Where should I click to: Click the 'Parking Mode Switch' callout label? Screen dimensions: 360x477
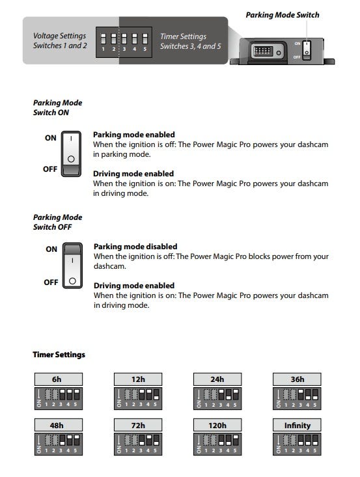[283, 15]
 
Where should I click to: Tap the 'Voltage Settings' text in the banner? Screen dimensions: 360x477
[60, 36]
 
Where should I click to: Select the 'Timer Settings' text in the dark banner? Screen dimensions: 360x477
[183, 36]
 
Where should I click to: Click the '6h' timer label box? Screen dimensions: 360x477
[59, 379]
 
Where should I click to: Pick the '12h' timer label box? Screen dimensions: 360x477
[138, 379]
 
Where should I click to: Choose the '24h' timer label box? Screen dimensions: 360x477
[217, 379]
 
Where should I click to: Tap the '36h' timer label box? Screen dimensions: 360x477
[297, 379]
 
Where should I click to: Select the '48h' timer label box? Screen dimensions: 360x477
[59, 426]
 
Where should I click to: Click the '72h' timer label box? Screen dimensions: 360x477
[138, 426]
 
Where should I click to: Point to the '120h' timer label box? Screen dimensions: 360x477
[217, 426]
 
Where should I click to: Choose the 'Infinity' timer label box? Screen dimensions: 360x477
[297, 426]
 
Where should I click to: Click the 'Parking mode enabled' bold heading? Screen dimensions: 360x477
[134, 135]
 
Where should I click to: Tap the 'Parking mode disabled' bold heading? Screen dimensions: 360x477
[135, 247]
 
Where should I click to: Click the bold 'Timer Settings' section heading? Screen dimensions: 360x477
[59, 355]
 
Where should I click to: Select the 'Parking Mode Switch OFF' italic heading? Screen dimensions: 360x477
[57, 222]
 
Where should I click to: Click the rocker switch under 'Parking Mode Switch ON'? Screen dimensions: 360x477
[71, 154]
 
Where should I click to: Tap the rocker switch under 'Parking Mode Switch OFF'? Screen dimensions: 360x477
[72, 266]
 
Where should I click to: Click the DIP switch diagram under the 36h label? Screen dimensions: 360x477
[297, 398]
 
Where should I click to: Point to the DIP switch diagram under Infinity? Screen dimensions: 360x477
[297, 444]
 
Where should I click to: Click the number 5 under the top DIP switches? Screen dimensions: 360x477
[145, 49]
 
